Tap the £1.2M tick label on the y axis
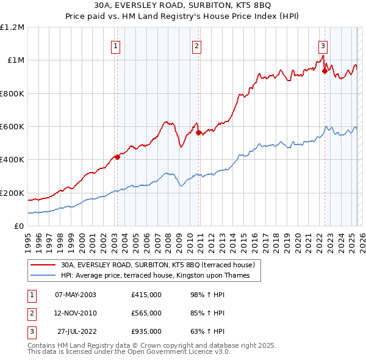12,27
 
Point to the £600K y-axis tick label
12,127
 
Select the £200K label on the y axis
12,193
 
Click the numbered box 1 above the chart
116,45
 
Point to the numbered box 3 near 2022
323,45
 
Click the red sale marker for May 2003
117,157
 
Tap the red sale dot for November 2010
198,132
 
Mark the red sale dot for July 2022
325,71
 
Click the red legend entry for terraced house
161,265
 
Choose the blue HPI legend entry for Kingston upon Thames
160,275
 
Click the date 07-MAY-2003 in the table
75,294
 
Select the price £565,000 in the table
146,313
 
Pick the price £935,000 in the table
146,332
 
